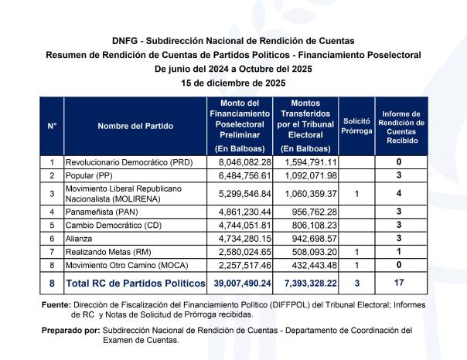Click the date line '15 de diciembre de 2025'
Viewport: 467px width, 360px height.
pos(233,83)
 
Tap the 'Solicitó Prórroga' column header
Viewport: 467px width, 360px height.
pos(356,125)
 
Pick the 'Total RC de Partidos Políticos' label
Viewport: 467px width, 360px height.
pos(135,284)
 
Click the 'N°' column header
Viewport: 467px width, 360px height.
pos(52,125)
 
